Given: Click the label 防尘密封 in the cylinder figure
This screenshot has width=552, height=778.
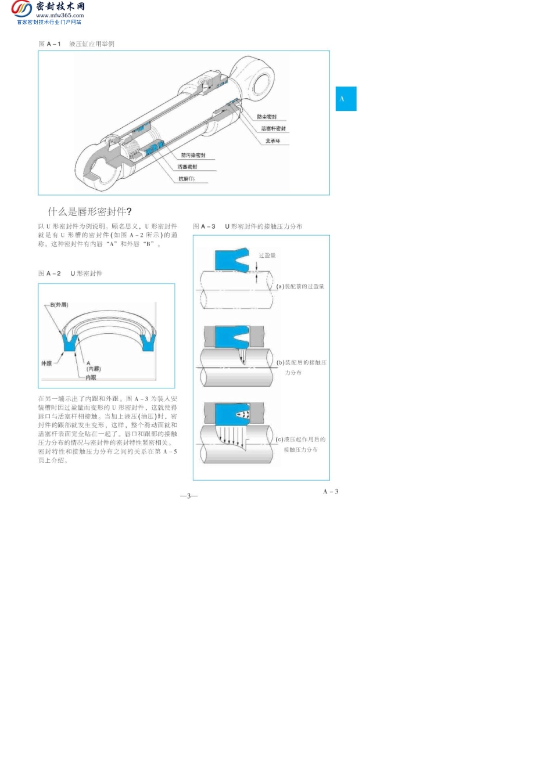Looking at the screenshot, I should click(267, 117).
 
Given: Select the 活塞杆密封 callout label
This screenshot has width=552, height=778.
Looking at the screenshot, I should click(273, 128).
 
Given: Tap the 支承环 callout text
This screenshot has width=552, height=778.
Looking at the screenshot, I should click(273, 141).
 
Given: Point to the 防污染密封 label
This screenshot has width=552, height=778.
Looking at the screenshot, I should click(193, 155).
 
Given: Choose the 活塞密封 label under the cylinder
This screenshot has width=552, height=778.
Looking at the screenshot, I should click(187, 167).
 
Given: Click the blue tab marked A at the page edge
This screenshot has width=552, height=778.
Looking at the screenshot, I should click(346, 99).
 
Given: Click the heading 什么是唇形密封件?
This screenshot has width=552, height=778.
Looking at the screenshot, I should click(90, 211).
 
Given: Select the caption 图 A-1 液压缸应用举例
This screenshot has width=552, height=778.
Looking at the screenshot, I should click(76, 44).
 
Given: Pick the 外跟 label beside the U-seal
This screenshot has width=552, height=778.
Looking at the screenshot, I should click(46, 363).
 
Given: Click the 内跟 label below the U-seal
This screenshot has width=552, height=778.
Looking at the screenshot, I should click(91, 377).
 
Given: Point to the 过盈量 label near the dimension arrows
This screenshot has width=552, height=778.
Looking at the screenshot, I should click(267, 255).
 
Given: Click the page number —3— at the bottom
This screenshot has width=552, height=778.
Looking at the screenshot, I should click(189, 496).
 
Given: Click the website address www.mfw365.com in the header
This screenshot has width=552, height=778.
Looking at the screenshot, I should click(60, 16).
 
